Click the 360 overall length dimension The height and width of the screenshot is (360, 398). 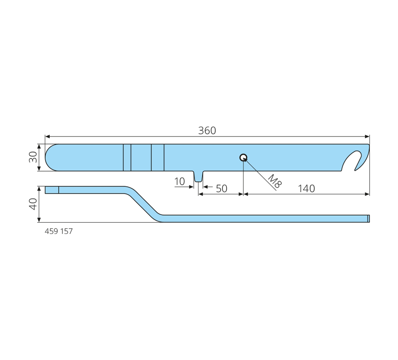(x=207, y=131)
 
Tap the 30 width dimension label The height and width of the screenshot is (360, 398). (x=33, y=157)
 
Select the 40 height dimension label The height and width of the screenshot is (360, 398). (x=33, y=204)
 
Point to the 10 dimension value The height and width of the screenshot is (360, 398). (x=179, y=181)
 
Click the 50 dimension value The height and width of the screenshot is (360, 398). (x=221, y=188)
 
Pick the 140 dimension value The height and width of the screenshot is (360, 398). (x=306, y=188)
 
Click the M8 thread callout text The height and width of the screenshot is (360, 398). (x=275, y=181)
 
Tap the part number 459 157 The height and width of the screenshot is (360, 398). (x=59, y=231)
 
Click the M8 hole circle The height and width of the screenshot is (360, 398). (x=243, y=157)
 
